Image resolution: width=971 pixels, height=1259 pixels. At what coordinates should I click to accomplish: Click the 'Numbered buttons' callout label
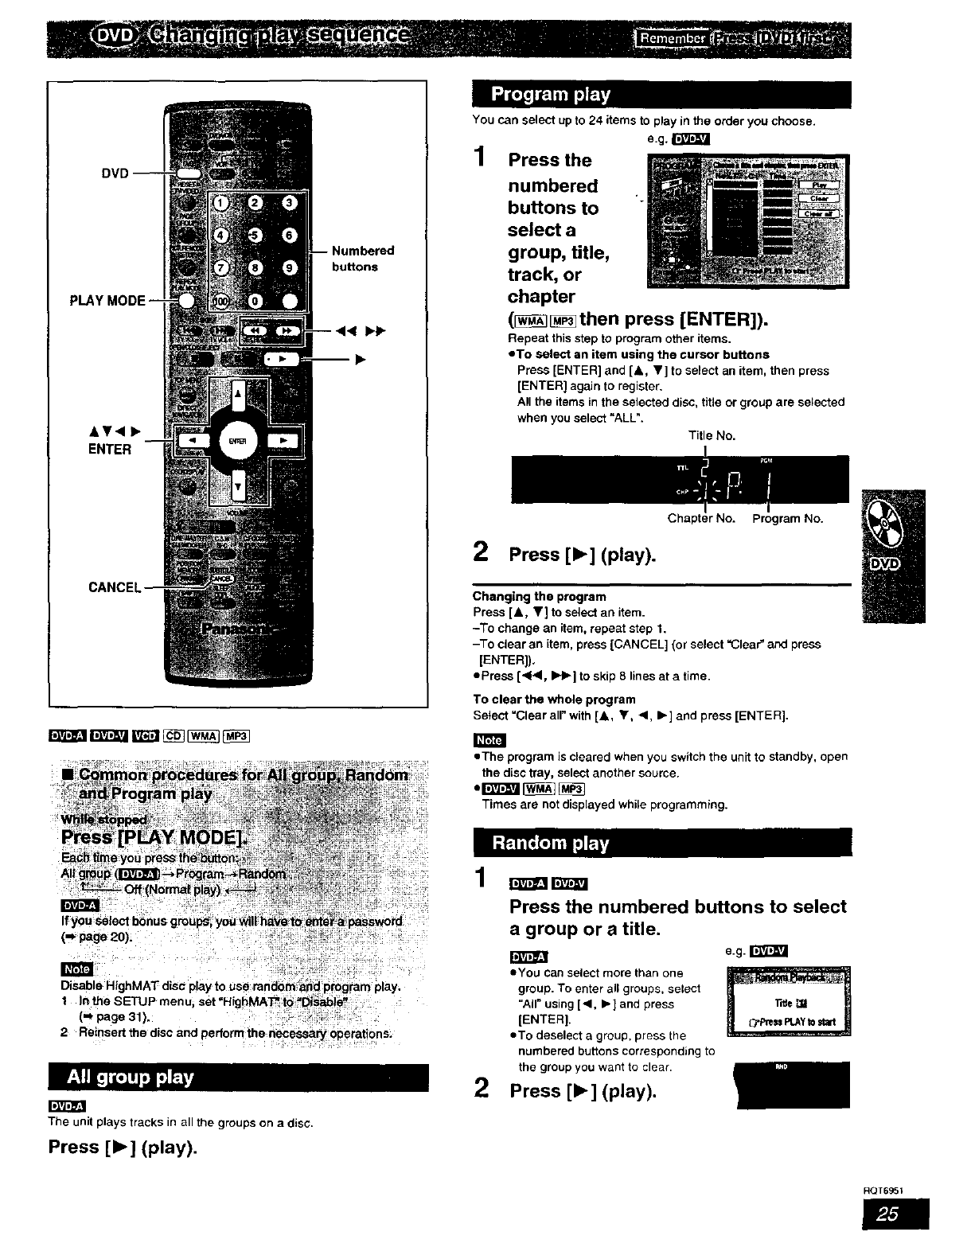pos(362,259)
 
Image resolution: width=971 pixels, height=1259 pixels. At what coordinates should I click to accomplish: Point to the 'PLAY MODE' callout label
pos(107,301)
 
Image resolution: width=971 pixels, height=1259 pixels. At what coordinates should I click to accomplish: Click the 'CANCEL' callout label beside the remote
pos(115,587)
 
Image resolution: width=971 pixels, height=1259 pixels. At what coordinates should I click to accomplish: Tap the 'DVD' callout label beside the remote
pos(115,173)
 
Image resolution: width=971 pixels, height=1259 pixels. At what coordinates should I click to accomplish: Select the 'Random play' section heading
pos(551,844)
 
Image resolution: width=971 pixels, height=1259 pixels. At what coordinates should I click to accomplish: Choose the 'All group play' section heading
pos(131,1078)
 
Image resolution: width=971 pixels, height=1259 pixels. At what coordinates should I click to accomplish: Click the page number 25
pos(895,1214)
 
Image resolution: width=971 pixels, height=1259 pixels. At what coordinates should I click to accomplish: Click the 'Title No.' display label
pos(712,436)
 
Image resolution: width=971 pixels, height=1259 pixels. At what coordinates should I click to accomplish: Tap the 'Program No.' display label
pos(788,519)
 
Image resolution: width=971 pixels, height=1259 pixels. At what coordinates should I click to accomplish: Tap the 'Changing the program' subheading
pos(539,597)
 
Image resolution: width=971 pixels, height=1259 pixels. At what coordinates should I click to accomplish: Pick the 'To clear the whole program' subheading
pos(554,700)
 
